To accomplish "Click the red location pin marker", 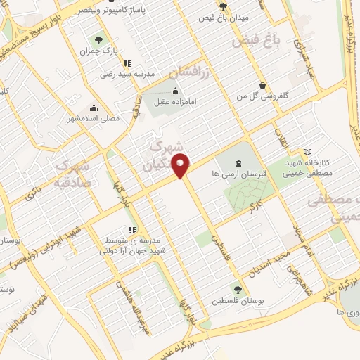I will pyautogui.click(x=182, y=165).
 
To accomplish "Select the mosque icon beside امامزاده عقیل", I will pyautogui.click(x=174, y=91).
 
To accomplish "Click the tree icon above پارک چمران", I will pyautogui.click(x=98, y=41).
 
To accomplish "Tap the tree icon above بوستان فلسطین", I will pyautogui.click(x=238, y=288).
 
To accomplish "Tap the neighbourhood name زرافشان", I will pyautogui.click(x=191, y=71).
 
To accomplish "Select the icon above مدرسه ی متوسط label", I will pyautogui.click(x=131, y=229).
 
